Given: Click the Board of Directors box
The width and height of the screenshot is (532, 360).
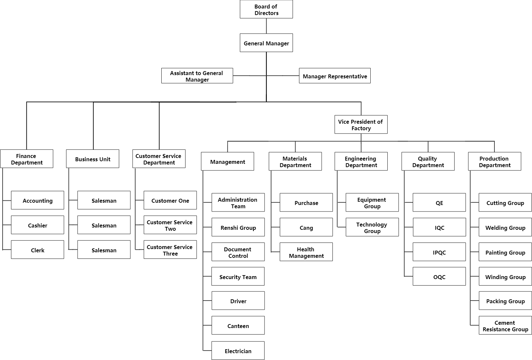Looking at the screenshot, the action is (x=266, y=9).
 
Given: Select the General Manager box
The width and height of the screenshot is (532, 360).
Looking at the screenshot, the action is (x=266, y=43).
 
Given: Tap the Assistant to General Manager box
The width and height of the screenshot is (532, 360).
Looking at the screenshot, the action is (x=197, y=76).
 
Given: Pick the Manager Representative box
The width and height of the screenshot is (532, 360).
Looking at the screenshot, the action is (x=335, y=76).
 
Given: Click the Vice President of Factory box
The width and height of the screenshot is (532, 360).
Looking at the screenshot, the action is (x=361, y=125).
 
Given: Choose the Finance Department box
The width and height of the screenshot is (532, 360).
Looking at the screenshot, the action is (x=26, y=159).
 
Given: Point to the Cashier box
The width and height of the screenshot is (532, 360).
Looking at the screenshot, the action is (x=38, y=225).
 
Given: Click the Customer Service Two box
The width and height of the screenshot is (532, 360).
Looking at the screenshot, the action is (x=170, y=225).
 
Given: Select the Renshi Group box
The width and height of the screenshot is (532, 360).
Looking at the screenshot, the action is (x=238, y=227).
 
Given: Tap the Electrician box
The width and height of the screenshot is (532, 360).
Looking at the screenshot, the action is (x=238, y=351).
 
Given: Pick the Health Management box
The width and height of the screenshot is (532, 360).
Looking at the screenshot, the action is (x=306, y=252).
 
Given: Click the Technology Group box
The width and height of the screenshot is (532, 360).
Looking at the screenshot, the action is (x=372, y=227).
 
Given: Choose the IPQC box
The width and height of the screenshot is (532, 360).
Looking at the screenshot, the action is (x=439, y=252).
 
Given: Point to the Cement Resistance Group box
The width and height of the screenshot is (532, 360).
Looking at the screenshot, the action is (x=506, y=325).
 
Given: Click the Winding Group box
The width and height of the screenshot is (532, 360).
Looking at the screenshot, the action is (x=506, y=276).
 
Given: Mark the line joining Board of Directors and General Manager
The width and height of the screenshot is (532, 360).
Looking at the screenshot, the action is (x=266, y=26).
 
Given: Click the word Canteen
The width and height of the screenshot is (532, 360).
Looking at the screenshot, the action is (x=238, y=326).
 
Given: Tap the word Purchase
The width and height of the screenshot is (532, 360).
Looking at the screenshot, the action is (x=306, y=203).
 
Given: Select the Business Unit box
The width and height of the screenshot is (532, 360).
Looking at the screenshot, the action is (x=93, y=159).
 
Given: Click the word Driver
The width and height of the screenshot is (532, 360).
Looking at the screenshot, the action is (x=238, y=301).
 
